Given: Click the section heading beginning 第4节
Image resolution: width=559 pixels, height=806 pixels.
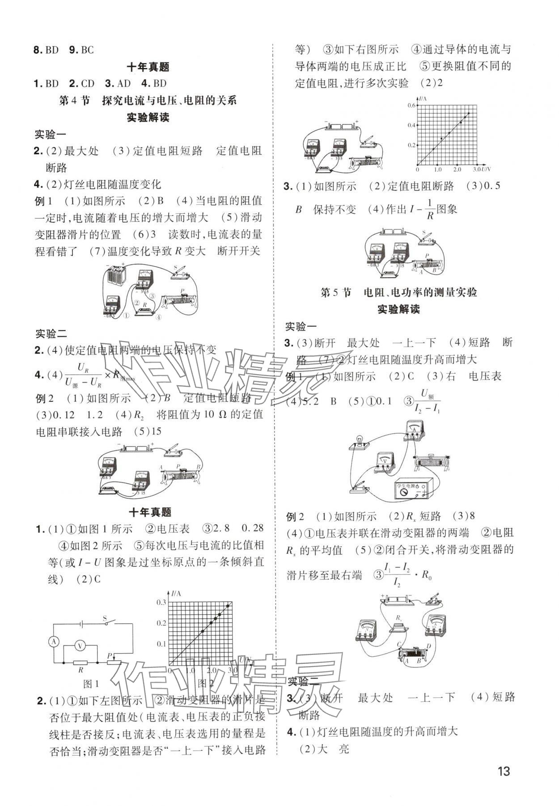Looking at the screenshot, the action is [x=148, y=101].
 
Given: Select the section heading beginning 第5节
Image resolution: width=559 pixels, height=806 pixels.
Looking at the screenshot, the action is [x=398, y=292].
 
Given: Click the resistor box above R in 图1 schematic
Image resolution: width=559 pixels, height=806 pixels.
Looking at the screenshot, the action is [x=81, y=662].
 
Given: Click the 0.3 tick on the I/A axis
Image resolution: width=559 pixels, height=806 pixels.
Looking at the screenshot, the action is [x=161, y=603].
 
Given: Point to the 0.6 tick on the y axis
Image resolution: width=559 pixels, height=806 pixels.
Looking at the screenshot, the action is [x=411, y=105].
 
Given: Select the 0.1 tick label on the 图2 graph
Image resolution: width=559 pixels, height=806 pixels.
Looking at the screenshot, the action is [x=161, y=644].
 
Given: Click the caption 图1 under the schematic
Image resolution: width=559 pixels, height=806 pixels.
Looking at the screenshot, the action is [x=91, y=684].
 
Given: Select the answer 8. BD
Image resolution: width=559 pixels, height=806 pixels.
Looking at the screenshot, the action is [x=46, y=50].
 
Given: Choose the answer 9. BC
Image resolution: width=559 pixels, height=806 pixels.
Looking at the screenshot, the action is [x=81, y=50].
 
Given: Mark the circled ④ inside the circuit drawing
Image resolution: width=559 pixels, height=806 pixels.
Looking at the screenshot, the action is [x=158, y=317].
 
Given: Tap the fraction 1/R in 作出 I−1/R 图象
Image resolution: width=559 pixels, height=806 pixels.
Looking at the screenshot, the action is [x=430, y=209].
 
